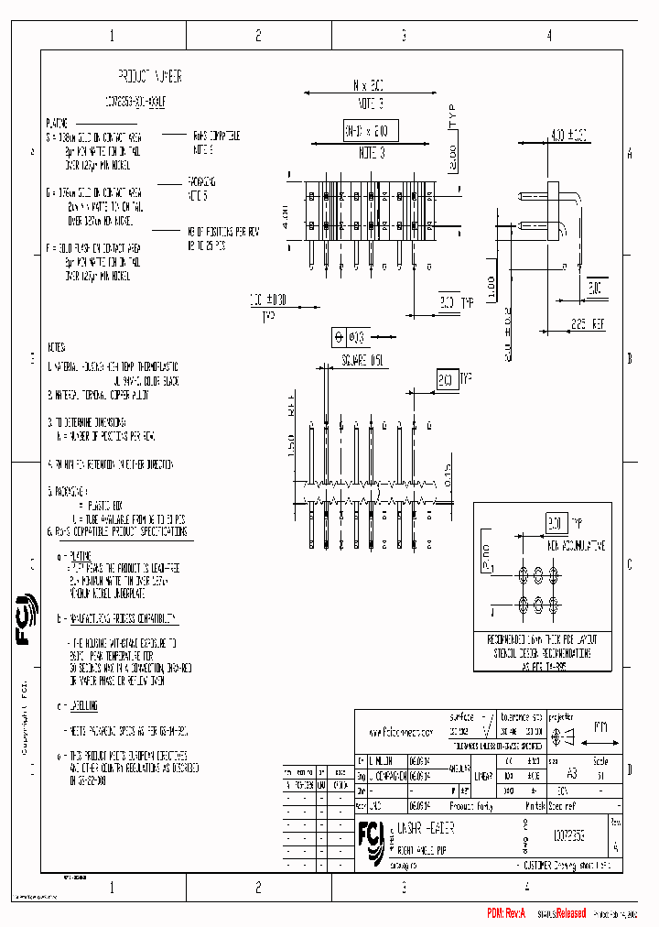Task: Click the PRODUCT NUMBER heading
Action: tap(150, 75)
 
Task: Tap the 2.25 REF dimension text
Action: tap(588, 323)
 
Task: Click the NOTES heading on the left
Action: tap(57, 347)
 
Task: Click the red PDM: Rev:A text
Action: tap(507, 913)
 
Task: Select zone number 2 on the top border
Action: tap(258, 36)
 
